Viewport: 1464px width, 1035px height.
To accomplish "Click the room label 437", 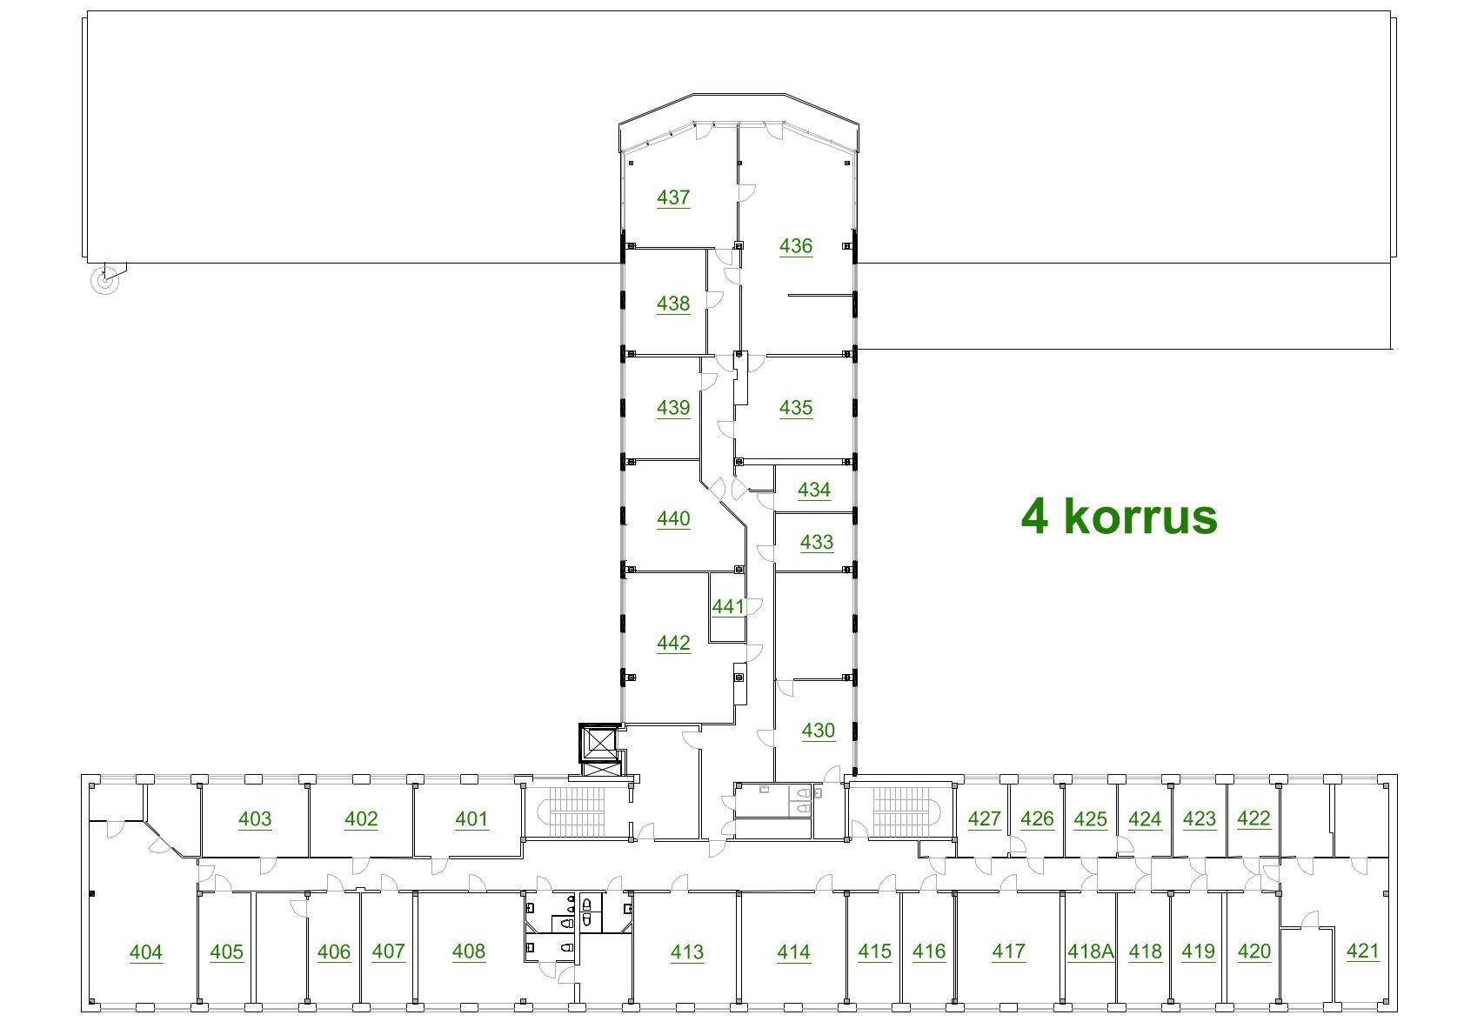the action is [673, 197].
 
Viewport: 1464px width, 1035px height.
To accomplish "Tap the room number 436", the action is [795, 245].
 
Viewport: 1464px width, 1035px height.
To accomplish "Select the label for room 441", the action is [728, 606].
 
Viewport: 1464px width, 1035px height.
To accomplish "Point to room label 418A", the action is [1091, 952].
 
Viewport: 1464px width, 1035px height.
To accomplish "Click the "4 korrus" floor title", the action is [1119, 516].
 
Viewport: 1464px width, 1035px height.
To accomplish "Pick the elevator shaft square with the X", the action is [598, 743].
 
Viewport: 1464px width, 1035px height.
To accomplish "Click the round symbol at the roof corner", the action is [104, 281].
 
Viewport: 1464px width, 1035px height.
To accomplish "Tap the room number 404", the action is [146, 952].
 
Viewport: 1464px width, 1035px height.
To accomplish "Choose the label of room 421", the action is [1363, 951].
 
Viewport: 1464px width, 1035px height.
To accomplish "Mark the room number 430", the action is [819, 730].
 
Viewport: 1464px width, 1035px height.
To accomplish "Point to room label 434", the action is [813, 490].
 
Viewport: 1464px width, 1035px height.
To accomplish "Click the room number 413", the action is [687, 952].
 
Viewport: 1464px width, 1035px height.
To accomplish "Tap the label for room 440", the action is [673, 519].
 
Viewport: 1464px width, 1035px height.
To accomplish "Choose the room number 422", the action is [1253, 818].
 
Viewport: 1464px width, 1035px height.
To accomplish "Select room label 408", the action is [469, 952].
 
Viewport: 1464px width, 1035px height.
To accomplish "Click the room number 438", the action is [673, 304].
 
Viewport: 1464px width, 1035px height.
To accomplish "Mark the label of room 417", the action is [1008, 952].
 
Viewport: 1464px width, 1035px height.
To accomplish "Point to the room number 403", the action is [255, 818].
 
